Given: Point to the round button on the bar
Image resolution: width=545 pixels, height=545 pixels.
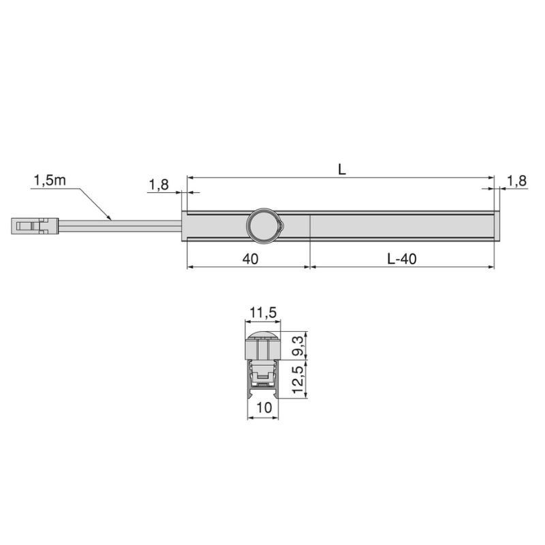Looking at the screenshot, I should point(263,226).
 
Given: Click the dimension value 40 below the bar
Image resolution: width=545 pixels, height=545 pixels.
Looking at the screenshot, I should point(249,259).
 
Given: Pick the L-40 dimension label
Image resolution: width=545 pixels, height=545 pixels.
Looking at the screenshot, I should point(402,259).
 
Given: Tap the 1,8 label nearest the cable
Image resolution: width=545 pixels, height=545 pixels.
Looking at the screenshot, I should point(158,185).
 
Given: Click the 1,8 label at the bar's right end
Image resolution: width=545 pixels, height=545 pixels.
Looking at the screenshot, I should point(517,181).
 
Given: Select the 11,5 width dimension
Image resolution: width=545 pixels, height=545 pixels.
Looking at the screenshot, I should point(262,313).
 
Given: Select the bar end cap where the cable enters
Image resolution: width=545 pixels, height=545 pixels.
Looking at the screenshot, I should point(184,226).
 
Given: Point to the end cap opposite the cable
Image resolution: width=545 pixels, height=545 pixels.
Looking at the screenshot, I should point(497,226).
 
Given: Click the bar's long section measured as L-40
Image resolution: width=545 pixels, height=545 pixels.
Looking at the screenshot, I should point(402,226).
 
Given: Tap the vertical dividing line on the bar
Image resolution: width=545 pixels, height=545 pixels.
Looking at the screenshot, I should point(310,226).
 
